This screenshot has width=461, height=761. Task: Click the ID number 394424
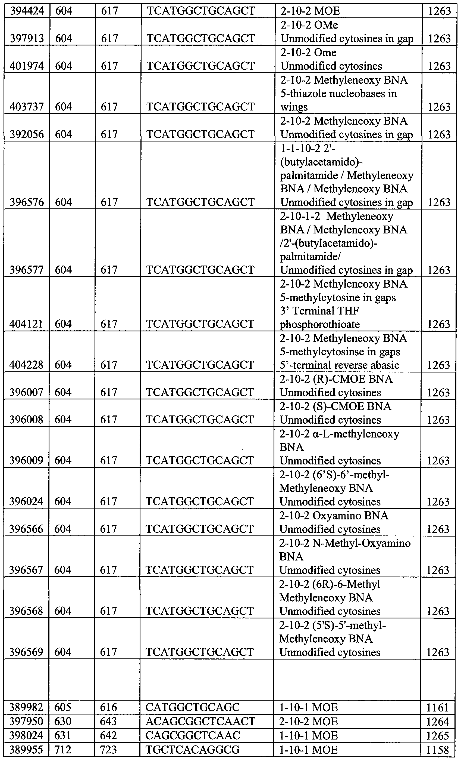click(27, 11)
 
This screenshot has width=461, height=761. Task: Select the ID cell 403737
click(27, 107)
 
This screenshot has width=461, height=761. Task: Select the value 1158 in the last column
click(437, 750)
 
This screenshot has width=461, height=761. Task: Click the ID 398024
click(26, 736)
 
